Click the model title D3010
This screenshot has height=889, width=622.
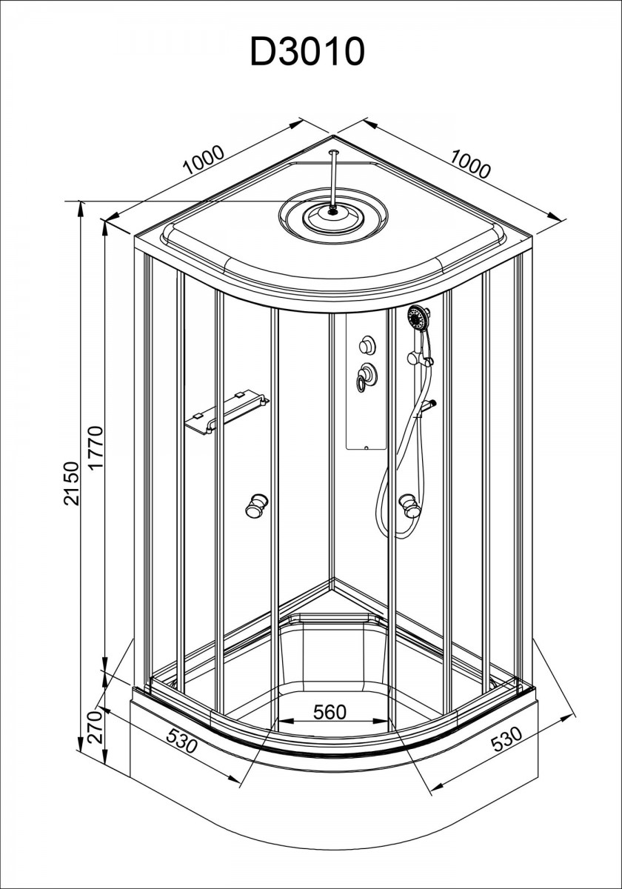(307, 52)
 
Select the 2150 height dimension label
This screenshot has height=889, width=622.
(73, 483)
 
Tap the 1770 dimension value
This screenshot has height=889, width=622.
(96, 448)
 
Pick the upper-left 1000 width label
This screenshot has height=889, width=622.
(204, 159)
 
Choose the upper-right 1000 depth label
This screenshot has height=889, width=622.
(470, 163)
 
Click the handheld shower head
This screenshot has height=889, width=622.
(418, 319)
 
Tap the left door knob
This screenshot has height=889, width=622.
(258, 505)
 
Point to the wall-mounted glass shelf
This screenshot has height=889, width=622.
(227, 413)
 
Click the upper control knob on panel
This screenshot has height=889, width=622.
(366, 344)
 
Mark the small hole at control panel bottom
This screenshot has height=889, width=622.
(366, 447)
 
